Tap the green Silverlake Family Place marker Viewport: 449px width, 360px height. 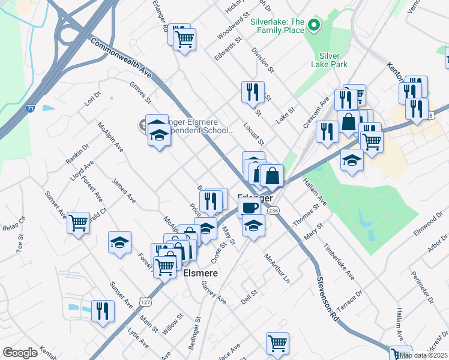[x=313, y=25]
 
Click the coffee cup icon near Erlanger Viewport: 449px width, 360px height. [x=249, y=207]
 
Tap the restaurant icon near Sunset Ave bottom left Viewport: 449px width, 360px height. [x=103, y=311]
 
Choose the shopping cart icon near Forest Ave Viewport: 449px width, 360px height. [x=78, y=223]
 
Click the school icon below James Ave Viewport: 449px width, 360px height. [x=120, y=242]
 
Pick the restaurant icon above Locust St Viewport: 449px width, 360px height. [x=252, y=92]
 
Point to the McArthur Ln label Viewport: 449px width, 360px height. [x=277, y=268]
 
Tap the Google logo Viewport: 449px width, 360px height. [x=20, y=353]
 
